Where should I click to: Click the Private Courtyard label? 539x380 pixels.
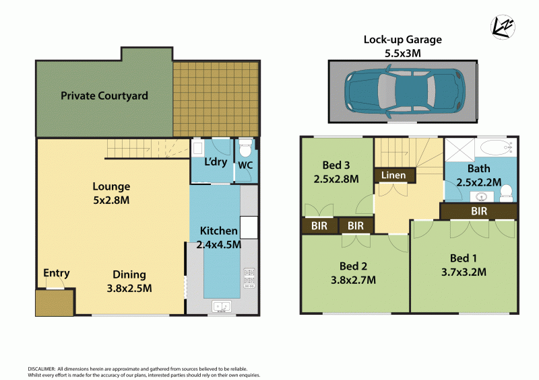point(104,96)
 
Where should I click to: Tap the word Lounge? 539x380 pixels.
point(111,186)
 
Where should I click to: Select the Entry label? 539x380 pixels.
point(57,273)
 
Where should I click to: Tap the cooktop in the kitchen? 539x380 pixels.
point(247,277)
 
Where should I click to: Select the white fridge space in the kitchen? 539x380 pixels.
point(248,227)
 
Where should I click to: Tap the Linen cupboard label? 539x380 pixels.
point(394,176)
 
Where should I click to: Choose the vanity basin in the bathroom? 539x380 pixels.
point(482,196)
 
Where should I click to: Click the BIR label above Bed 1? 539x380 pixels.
point(479,211)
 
